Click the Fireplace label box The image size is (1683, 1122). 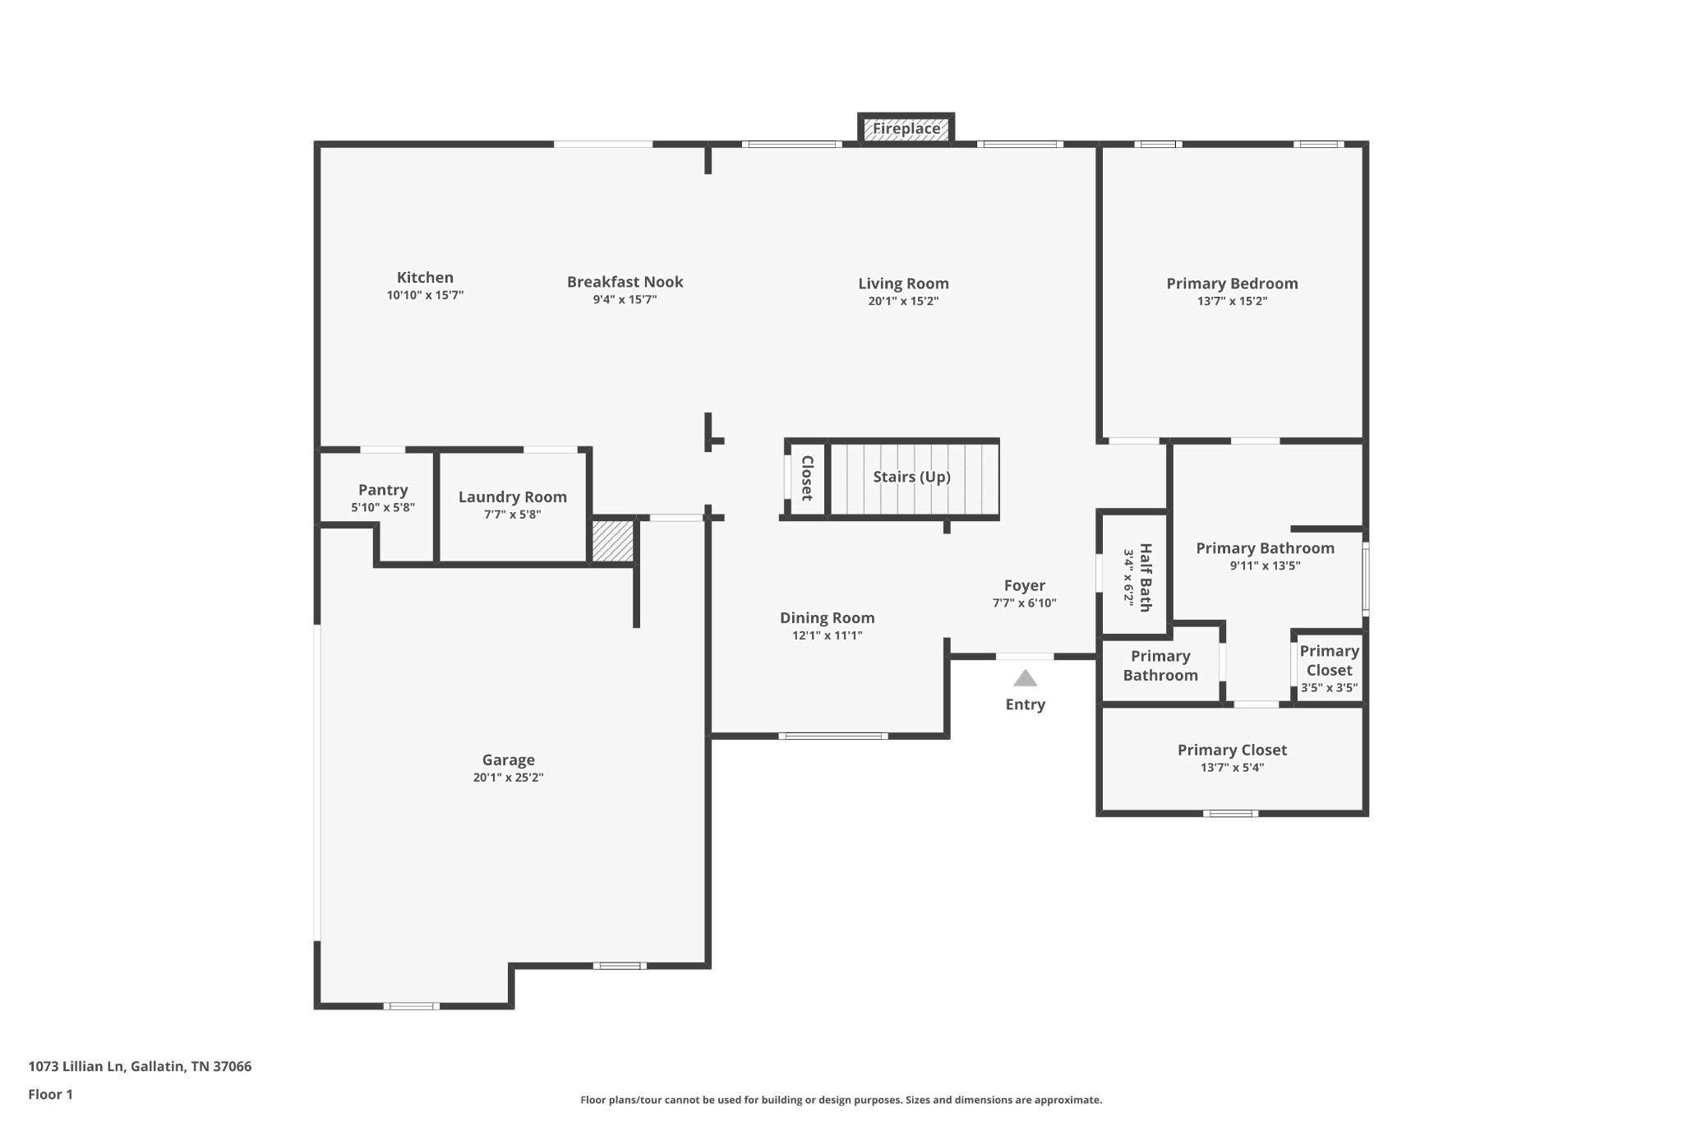coord(906,128)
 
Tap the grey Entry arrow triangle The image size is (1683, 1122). coord(1025,678)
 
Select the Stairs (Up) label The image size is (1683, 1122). coord(911,477)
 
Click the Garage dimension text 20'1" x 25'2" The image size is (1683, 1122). coord(508,778)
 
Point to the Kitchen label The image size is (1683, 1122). coord(425,278)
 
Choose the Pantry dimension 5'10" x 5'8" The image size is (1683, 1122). coord(383,508)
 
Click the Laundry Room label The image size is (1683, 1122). coord(513,497)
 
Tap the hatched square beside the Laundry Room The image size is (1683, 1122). coord(613,542)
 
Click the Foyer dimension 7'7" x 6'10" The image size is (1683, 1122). coord(1024,603)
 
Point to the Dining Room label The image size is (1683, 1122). coord(827,618)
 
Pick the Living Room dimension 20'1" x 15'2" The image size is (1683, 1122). coord(903,302)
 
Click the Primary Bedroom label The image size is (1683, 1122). coord(1232,284)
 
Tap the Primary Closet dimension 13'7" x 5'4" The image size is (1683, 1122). coord(1232,768)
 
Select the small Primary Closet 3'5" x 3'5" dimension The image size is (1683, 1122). coord(1329,688)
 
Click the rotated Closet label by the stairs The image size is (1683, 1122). coord(807,478)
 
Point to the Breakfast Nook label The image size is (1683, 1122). coord(625,282)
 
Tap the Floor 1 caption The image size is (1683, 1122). coord(50,1094)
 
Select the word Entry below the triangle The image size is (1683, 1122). coord(1025,704)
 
